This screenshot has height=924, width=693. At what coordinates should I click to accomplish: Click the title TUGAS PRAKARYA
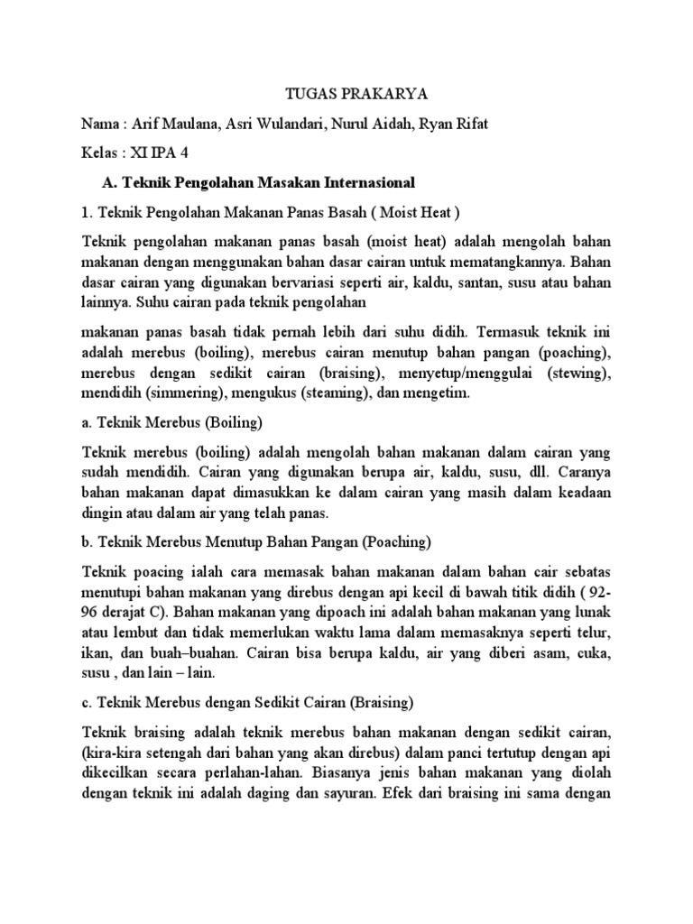[x=345, y=93]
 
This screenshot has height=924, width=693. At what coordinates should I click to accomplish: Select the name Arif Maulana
[x=173, y=124]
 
